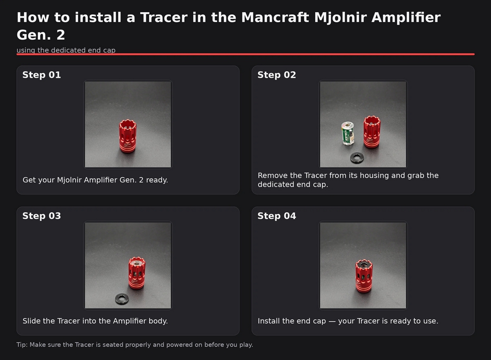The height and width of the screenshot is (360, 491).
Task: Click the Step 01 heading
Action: click(x=42, y=75)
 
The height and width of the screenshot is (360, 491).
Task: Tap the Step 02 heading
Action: click(x=277, y=75)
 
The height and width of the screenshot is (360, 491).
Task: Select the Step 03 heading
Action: click(x=42, y=216)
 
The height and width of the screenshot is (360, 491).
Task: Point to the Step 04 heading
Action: click(x=277, y=216)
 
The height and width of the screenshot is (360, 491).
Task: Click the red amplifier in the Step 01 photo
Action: click(x=128, y=137)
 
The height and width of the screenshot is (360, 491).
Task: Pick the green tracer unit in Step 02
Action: click(x=348, y=134)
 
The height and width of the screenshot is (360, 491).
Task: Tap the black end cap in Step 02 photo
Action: click(x=357, y=158)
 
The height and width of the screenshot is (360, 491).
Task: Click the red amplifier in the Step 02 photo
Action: click(x=372, y=132)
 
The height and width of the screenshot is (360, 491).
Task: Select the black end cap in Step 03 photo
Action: click(x=122, y=299)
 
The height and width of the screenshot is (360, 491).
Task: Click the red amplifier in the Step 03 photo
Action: click(x=137, y=273)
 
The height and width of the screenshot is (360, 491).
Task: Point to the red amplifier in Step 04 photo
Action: click(x=363, y=276)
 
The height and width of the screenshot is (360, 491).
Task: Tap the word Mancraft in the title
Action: click(x=275, y=17)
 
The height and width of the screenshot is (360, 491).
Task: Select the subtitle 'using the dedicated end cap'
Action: click(x=66, y=50)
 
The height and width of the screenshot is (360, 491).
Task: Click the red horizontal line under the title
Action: click(x=245, y=54)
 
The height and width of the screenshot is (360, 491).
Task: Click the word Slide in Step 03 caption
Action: click(x=31, y=321)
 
